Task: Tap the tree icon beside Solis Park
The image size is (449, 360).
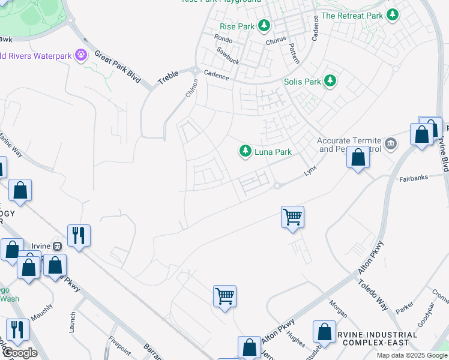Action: point(330,80)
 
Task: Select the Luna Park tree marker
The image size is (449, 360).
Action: point(245,151)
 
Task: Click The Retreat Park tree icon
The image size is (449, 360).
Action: point(392,15)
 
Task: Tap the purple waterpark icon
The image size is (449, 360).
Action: point(82,56)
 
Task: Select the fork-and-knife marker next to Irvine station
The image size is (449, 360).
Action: point(79,235)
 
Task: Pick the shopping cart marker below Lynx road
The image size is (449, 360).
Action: point(292,217)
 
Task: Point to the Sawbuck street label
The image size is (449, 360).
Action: point(228,56)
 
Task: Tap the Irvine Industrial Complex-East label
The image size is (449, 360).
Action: point(379,339)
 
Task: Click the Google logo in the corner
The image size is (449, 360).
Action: point(20,353)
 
